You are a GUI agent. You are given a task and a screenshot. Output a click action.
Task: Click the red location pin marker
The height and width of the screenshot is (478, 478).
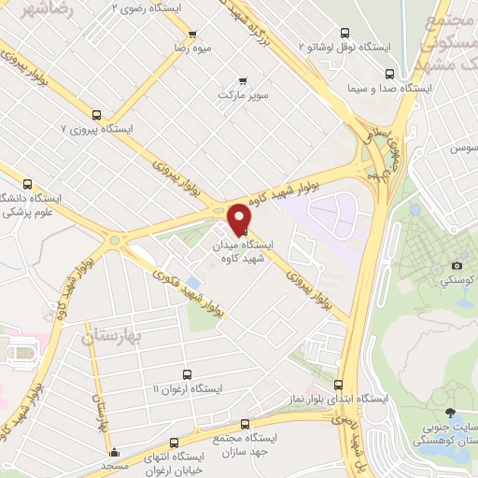pos(240,218)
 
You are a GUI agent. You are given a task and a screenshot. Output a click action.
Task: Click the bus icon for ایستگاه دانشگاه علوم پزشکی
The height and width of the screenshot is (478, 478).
pos(27,184)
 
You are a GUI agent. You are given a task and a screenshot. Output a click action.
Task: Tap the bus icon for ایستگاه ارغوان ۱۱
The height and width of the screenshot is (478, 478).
pos(186,373)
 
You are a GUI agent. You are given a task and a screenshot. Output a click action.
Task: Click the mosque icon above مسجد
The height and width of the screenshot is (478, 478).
pos(114,453)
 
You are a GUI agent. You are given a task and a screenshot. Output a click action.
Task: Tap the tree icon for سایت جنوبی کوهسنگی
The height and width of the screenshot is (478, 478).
pos(451,414)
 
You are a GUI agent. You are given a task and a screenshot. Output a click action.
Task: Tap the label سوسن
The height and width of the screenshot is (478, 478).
pos(464,148)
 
